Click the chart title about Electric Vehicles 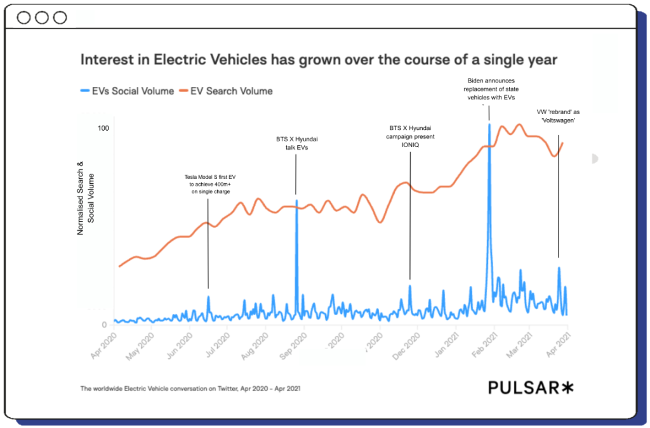(x=318, y=60)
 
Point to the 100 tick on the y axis (x=102, y=129)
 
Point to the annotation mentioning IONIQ (x=410, y=136)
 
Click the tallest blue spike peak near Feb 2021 (x=489, y=125)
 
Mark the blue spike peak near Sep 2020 (x=296, y=200)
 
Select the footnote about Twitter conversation (x=190, y=387)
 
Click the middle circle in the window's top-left (x=42, y=18)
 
